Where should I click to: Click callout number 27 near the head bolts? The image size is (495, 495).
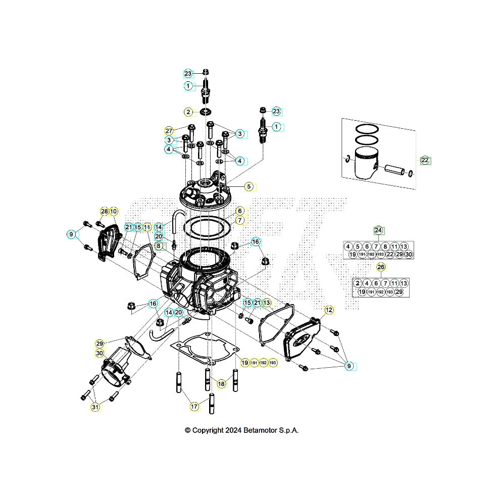tap(169, 130)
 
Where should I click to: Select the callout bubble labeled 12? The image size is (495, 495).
tap(329, 310)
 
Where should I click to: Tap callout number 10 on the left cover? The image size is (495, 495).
tap(114, 211)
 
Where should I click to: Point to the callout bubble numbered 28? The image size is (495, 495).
tap(104, 211)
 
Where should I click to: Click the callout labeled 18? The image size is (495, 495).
tap(221, 384)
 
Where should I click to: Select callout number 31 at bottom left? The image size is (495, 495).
tap(94, 406)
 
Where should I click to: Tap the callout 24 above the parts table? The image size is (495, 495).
tap(379, 230)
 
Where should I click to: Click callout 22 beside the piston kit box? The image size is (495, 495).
tap(425, 161)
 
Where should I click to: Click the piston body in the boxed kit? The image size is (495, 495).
tap(365, 163)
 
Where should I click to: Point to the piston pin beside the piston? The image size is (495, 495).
tap(394, 170)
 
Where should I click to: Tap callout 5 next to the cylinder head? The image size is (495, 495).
tap(249, 186)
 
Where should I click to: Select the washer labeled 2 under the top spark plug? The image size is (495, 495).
tap(206, 111)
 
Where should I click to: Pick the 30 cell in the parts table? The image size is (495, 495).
tap(409, 254)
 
